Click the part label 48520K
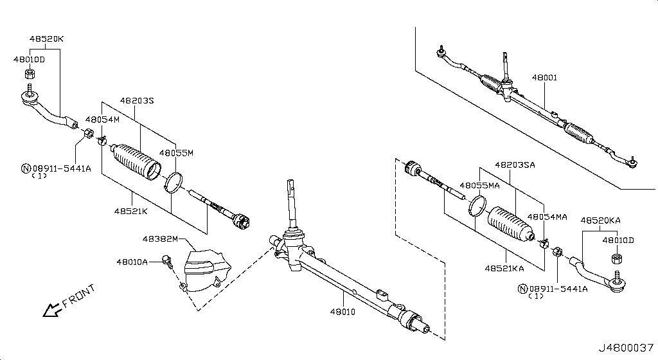46,39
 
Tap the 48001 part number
544,78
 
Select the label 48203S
137,101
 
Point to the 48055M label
176,153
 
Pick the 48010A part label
132,262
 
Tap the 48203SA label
515,165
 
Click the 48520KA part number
600,221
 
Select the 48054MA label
547,217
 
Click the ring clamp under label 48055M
173,183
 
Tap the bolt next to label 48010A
168,260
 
